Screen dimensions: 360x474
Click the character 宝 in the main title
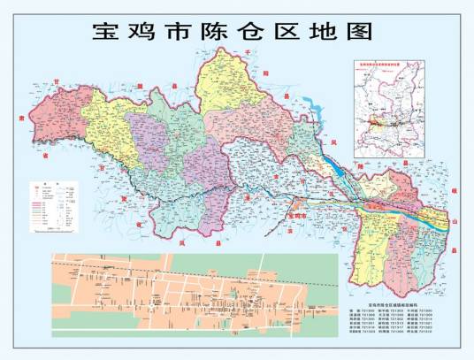pyautogui.click(x=108, y=33)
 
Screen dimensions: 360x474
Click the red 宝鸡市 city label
pyautogui.click(x=296, y=214)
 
